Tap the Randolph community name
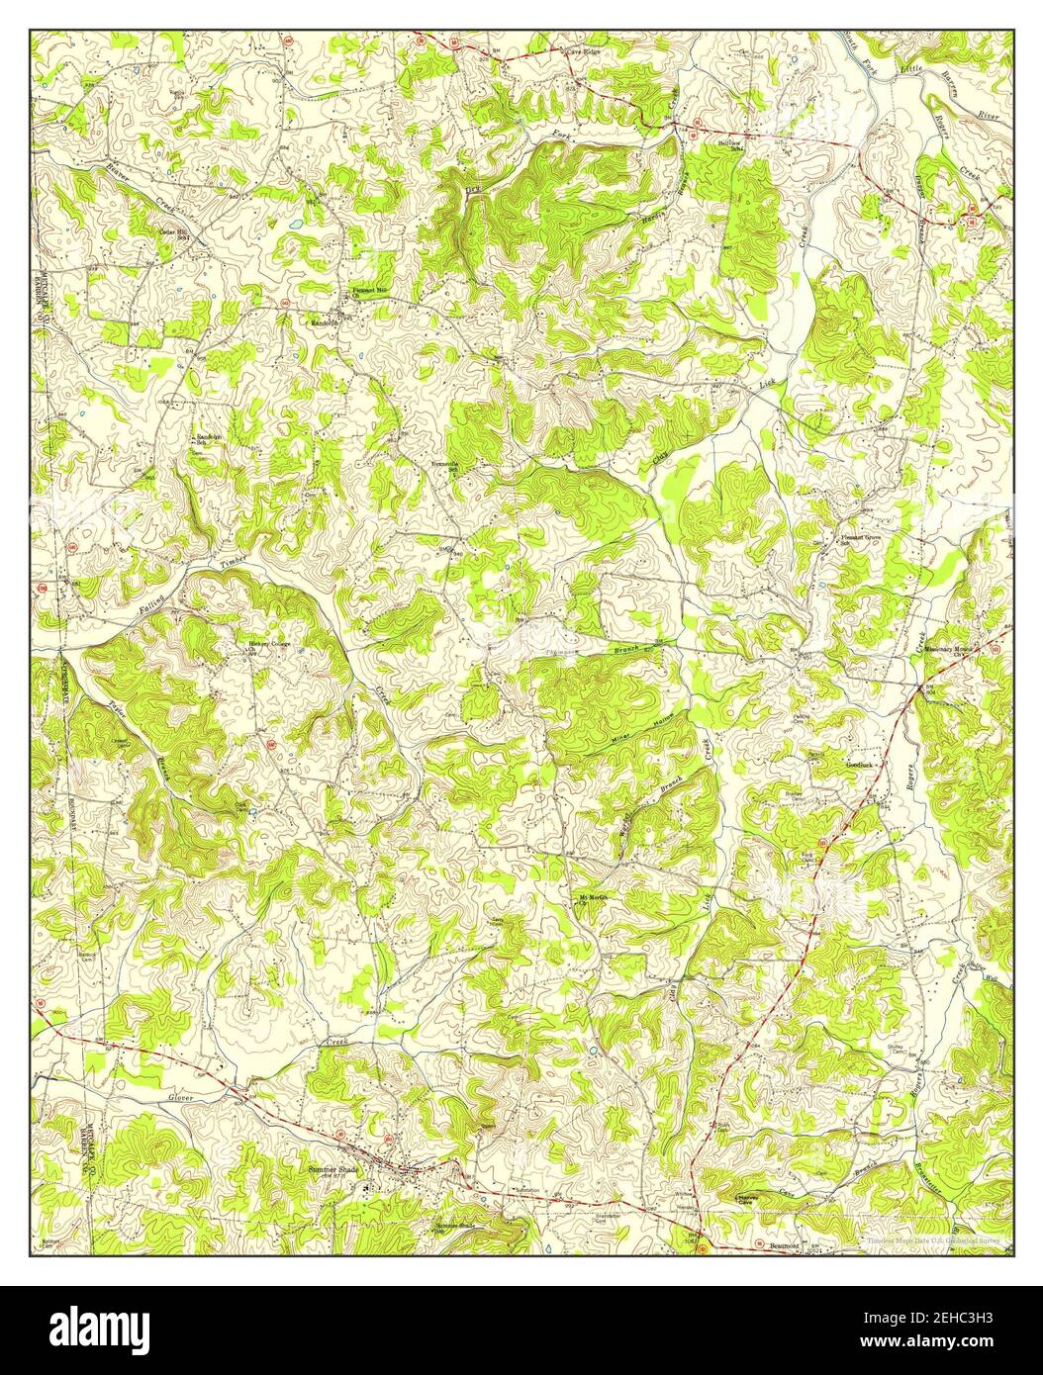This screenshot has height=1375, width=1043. pyautogui.click(x=325, y=322)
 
